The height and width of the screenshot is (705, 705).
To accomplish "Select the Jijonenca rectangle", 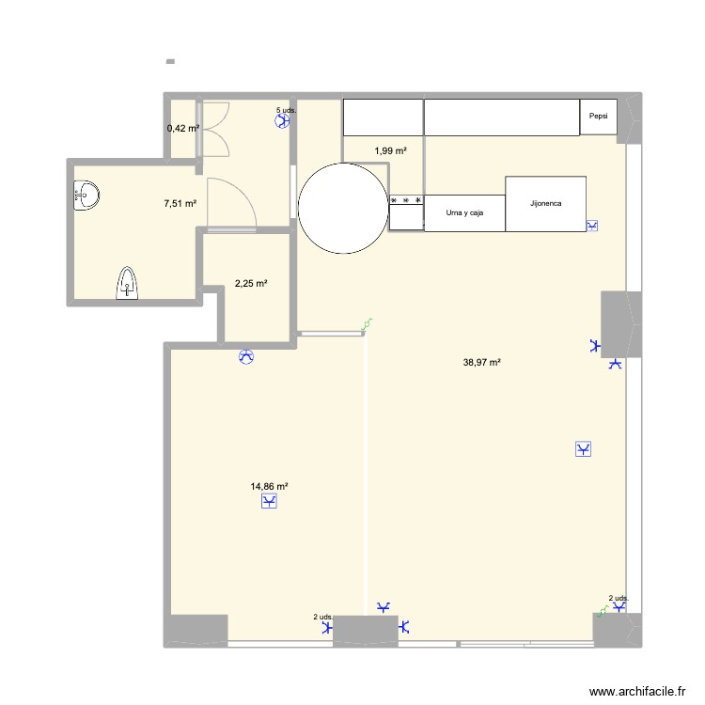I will tap(545, 203).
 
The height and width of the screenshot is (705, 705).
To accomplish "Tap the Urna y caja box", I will tap(465, 213).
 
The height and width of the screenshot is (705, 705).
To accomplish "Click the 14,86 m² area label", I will tap(269, 486).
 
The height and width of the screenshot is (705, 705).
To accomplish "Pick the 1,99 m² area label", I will tap(390, 150).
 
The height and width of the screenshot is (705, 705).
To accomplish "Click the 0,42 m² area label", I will tap(182, 128).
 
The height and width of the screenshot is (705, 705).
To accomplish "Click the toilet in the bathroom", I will tap(128, 282).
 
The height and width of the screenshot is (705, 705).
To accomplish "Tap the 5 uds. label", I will tap(285, 110).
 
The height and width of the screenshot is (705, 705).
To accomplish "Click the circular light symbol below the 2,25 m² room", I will tap(247, 356).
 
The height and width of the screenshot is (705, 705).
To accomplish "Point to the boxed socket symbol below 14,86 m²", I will tap(270, 503).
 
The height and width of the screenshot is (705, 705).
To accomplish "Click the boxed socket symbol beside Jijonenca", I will tap(592, 226).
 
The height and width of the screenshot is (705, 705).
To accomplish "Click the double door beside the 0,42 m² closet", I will tap(215, 128).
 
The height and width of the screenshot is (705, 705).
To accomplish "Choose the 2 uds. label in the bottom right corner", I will tap(618, 598).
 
